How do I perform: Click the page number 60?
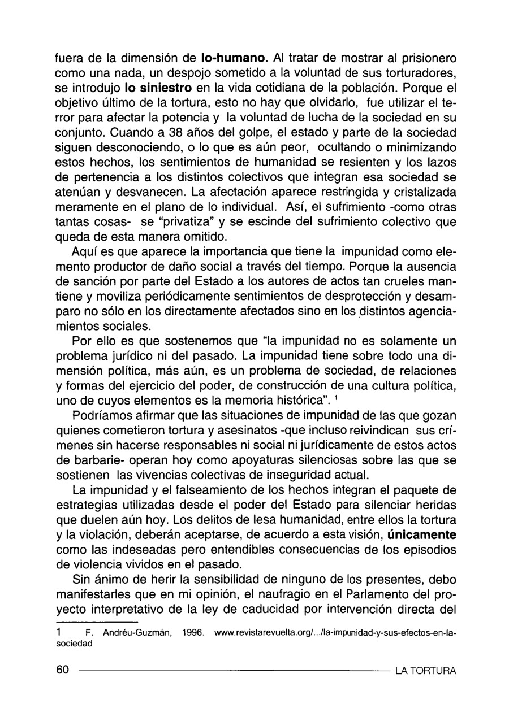62,670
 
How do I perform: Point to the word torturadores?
416,73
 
